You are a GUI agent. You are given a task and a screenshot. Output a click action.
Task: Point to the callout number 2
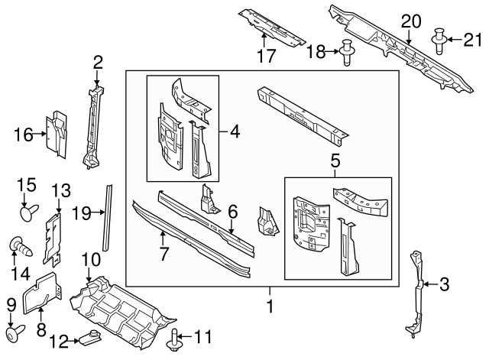pyautogui.click(x=98, y=62)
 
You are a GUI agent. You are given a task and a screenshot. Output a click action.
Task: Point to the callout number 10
pyautogui.click(x=90, y=260)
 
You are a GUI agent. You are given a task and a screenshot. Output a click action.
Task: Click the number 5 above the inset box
pyautogui.click(x=334, y=162)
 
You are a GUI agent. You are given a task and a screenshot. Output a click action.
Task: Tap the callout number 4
pyautogui.click(x=234, y=131)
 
